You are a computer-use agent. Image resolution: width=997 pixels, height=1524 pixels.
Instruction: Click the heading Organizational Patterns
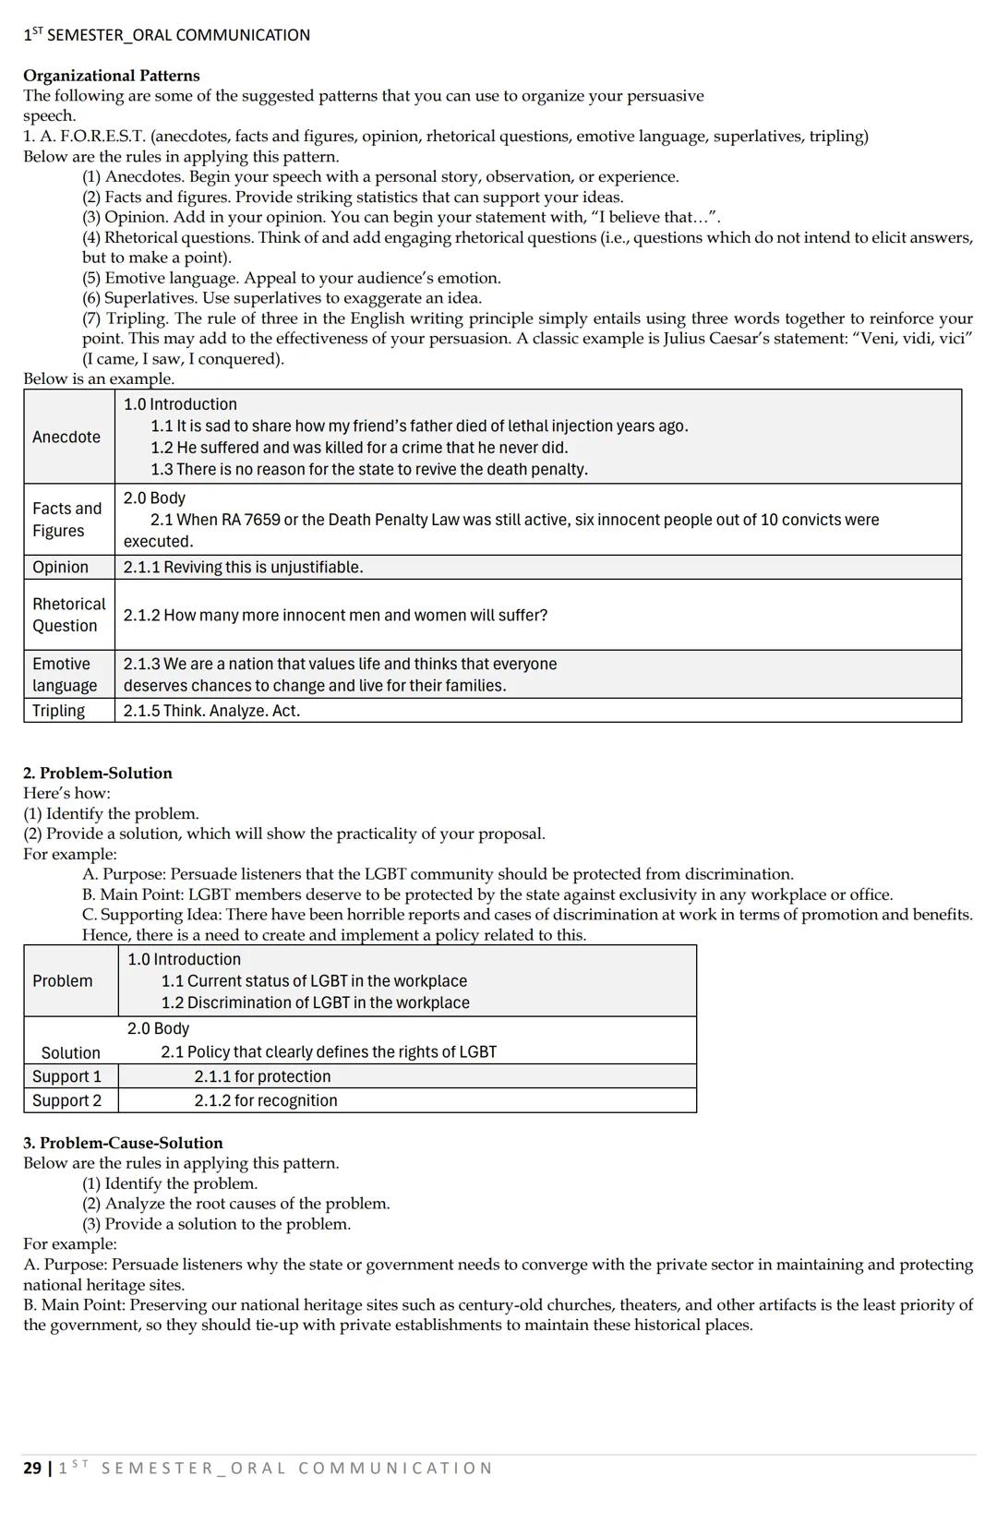(111, 76)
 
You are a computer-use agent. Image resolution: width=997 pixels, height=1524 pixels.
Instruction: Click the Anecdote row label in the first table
(66, 437)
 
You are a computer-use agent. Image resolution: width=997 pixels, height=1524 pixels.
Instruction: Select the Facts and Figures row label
(66, 519)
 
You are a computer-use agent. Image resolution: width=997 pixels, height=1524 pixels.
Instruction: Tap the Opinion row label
(60, 567)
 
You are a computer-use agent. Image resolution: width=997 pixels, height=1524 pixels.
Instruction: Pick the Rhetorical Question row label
(68, 615)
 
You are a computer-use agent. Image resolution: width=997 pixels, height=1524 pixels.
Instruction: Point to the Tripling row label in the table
(58, 711)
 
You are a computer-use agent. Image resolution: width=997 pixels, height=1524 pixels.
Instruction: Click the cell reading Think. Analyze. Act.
(211, 711)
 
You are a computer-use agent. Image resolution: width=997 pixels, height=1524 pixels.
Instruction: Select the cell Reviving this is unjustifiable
(243, 567)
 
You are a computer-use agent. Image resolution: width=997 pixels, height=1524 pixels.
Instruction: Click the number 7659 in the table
(262, 520)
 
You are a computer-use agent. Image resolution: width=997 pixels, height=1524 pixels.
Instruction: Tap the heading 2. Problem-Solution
(97, 774)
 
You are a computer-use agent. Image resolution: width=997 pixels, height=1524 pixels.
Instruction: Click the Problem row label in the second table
(62, 981)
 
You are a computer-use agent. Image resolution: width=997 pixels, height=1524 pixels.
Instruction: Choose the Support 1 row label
(66, 1076)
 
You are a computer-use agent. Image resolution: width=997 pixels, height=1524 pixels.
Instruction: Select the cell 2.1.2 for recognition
(265, 1100)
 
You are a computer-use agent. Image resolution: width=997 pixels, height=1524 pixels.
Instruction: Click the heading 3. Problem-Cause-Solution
(123, 1143)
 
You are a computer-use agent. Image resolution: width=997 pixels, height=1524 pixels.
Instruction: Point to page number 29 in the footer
(31, 1469)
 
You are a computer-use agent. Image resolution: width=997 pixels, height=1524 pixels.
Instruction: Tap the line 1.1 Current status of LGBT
(314, 981)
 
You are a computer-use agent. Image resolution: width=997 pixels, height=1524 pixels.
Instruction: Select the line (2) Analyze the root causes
(235, 1204)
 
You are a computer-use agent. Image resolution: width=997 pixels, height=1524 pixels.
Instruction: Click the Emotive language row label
(65, 675)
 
